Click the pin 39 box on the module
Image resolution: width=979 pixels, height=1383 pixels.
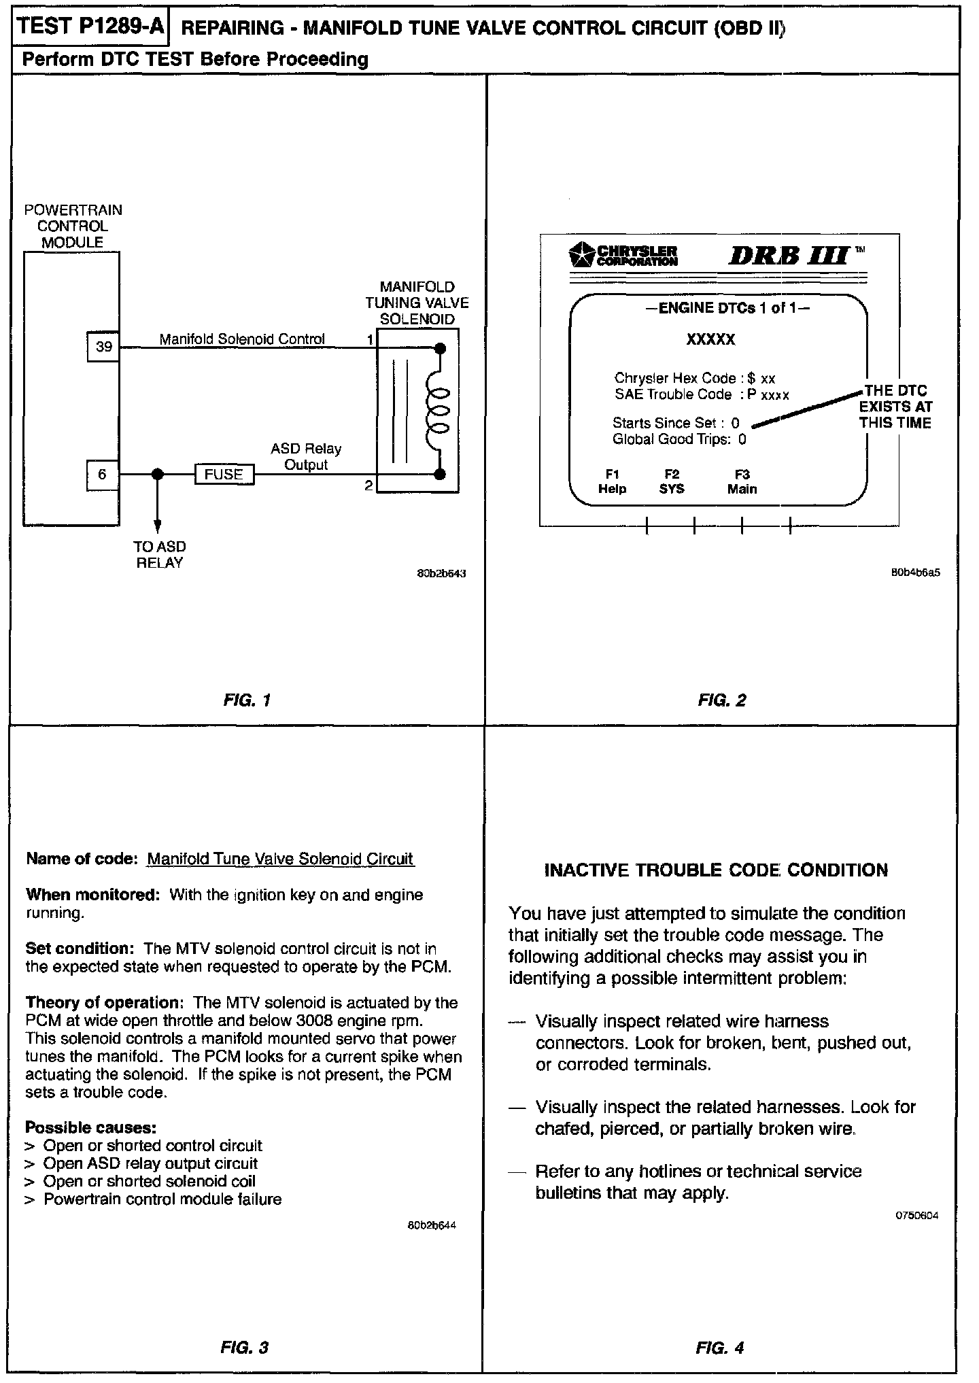point(103,347)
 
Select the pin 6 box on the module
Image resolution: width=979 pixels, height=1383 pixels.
point(103,474)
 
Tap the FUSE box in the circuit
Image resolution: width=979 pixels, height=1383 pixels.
point(224,475)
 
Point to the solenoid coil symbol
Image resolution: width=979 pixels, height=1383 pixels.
point(439,411)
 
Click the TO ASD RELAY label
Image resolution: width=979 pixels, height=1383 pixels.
point(160,555)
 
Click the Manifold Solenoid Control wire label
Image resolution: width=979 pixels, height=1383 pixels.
point(242,339)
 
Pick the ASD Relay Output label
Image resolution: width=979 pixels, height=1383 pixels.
point(306,457)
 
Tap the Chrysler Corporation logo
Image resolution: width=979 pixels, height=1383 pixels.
point(623,254)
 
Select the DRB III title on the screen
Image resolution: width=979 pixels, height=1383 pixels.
point(789,256)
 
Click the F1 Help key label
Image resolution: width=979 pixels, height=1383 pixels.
point(612,481)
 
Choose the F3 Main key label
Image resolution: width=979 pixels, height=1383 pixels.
point(742,481)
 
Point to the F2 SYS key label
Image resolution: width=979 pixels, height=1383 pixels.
point(672,481)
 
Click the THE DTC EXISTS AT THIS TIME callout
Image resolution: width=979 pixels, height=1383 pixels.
point(895,407)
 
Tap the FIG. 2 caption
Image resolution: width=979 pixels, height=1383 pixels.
point(722,700)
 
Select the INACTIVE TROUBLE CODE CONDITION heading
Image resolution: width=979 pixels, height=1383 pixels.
point(716,870)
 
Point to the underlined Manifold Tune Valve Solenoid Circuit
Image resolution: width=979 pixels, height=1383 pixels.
point(280,859)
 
